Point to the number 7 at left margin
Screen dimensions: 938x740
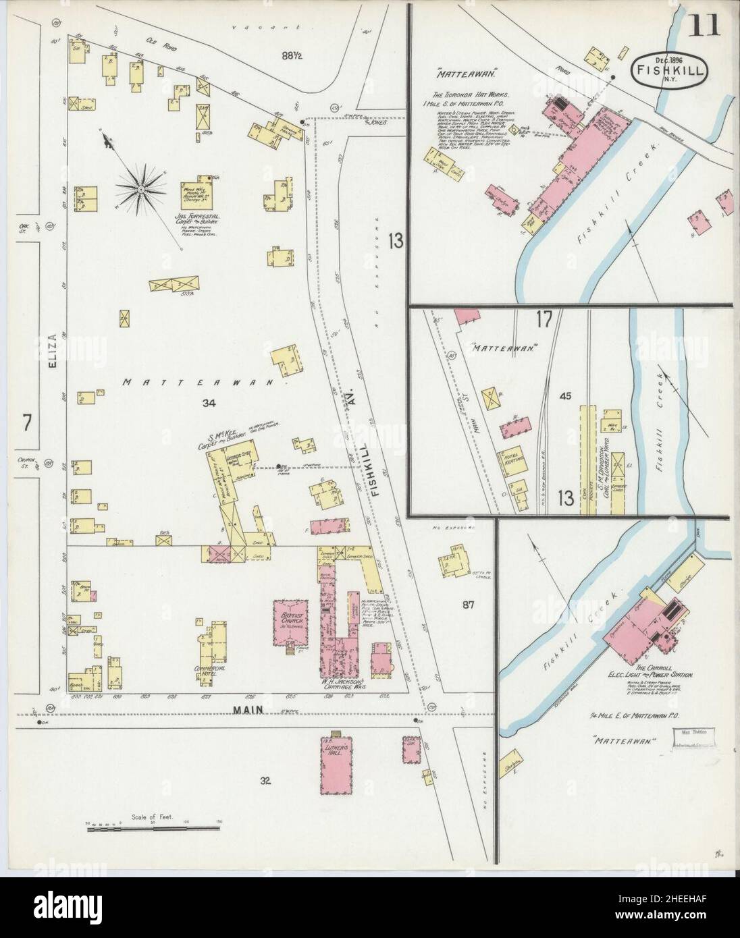[27, 424]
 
